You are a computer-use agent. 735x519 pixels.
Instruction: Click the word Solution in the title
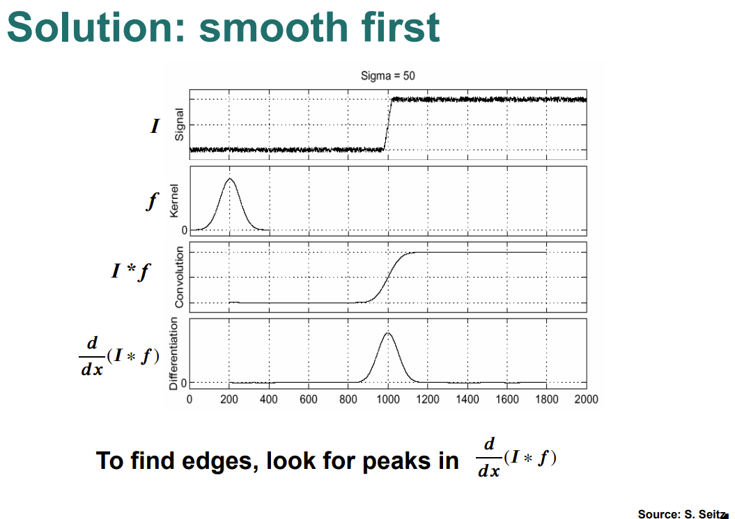tap(97, 27)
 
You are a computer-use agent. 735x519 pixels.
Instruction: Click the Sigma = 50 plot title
tap(387, 76)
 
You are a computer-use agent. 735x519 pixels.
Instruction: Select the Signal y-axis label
tap(179, 125)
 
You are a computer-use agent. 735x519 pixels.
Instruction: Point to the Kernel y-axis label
tap(174, 201)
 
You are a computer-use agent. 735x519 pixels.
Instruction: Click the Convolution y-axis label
tap(179, 277)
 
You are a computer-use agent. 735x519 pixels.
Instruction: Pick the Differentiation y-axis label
tap(173, 353)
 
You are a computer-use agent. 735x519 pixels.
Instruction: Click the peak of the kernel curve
tap(230, 178)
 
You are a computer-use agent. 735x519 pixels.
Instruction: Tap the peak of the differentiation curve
tap(387, 333)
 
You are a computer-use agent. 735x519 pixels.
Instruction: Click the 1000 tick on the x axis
tap(387, 399)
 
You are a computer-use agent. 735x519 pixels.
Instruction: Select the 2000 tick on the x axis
tap(587, 399)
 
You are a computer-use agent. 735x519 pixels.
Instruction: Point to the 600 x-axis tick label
tap(309, 399)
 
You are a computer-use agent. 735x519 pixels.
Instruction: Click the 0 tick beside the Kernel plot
tap(184, 230)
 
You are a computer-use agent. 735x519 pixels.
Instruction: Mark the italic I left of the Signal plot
tap(155, 127)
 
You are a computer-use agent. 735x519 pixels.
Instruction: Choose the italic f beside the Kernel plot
tap(153, 202)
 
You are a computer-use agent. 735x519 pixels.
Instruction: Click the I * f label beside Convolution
tap(131, 271)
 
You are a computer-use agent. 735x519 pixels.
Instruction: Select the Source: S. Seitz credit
tap(683, 514)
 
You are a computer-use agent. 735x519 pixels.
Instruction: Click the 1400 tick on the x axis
tap(467, 399)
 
